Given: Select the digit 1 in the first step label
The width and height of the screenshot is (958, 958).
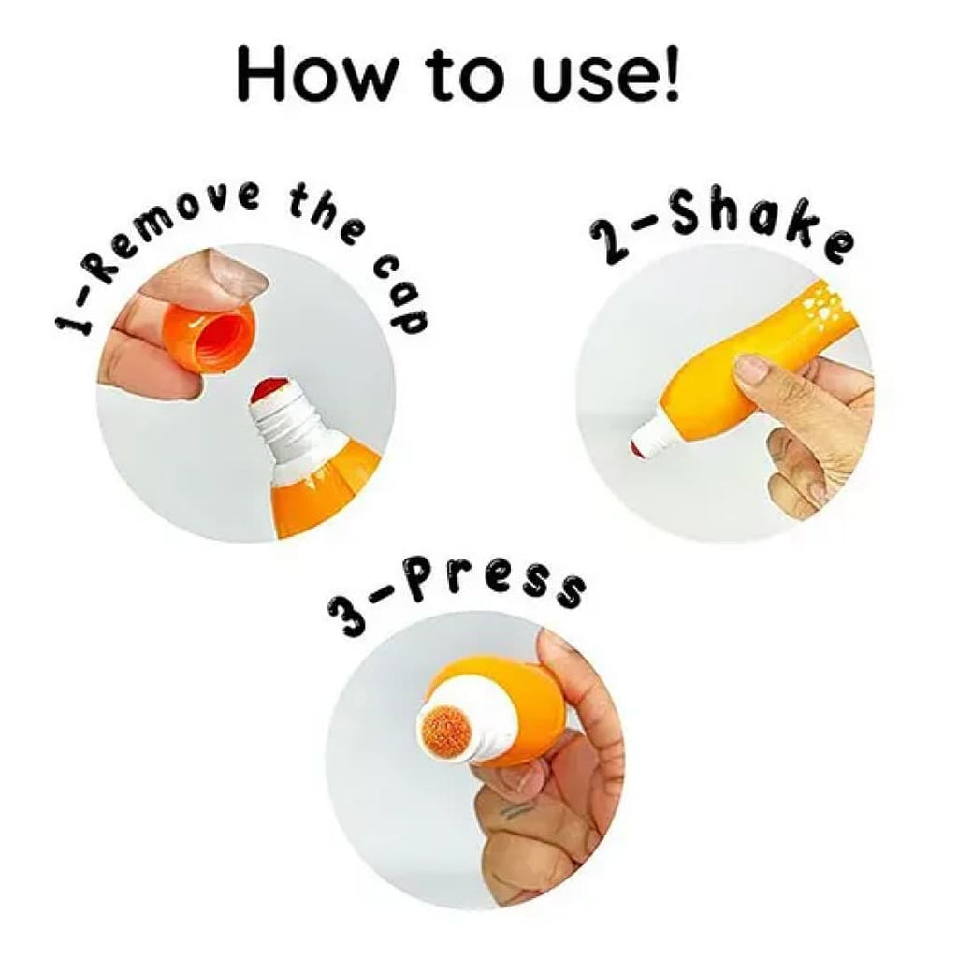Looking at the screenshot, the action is (72, 319).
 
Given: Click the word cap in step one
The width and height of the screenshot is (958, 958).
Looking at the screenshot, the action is (400, 292).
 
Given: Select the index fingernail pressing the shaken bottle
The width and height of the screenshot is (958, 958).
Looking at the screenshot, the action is (748, 370).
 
